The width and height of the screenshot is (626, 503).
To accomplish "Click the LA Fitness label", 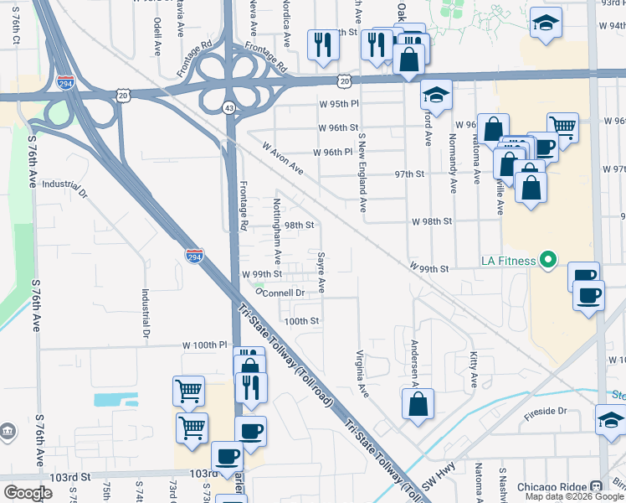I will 507,260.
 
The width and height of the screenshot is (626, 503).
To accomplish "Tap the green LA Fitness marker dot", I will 548,260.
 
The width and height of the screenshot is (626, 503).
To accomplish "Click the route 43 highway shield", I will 228,107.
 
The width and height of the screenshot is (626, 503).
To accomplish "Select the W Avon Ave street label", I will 282,157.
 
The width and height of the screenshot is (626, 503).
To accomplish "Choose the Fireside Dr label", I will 551,411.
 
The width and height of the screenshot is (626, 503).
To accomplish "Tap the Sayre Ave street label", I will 321,272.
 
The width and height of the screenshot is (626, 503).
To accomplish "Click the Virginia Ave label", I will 362,373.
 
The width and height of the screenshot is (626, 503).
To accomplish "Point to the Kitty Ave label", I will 473,370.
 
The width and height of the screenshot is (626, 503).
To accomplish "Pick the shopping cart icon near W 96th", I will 562,127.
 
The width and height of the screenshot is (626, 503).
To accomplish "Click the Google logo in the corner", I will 28,493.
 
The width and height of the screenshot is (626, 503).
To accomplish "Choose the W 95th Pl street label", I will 338,103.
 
